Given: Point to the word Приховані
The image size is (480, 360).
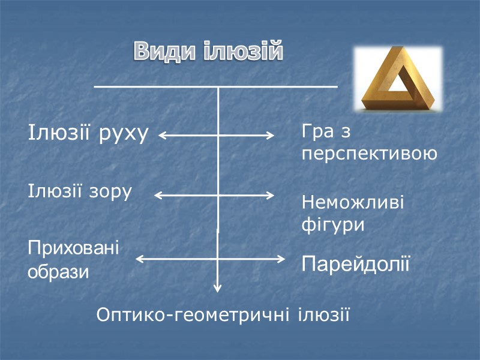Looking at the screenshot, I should point(74,248).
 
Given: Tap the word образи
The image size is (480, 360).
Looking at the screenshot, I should point(58,272).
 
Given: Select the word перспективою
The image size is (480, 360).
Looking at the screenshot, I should point(369,154).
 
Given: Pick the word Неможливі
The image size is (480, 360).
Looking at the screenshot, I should point(353,202).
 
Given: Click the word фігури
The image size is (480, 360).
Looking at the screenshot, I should point(333,226).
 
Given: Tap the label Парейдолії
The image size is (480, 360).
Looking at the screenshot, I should point(356,263).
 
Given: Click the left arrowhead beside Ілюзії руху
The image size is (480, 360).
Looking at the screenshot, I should point(163,136).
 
